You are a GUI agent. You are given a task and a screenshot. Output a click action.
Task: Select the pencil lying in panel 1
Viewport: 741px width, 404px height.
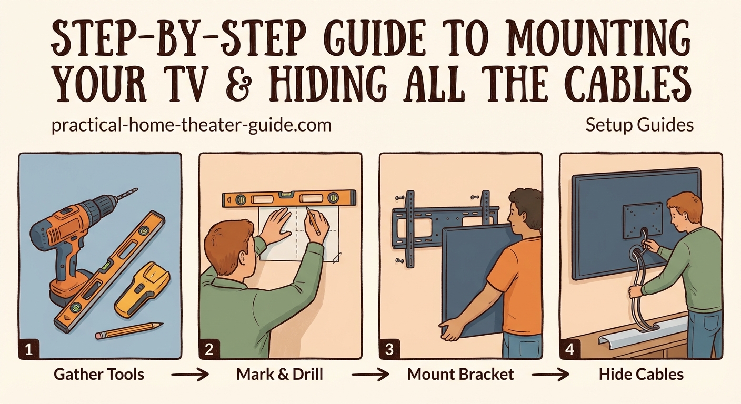[x=129, y=331]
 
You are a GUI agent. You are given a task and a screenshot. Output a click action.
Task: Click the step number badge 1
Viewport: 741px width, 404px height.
[x=29, y=349]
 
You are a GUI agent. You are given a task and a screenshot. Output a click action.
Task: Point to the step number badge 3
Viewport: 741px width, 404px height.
[x=390, y=349]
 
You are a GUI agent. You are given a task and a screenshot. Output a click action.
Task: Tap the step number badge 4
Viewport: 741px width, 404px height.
[x=570, y=349]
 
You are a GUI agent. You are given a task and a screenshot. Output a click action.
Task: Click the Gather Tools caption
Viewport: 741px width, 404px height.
[x=99, y=375]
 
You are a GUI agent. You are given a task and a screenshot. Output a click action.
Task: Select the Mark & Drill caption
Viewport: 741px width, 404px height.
[x=279, y=375]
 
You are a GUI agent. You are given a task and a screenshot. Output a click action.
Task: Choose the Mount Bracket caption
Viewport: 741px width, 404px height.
[x=460, y=375]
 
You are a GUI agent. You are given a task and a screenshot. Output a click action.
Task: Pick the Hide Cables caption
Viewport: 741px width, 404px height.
[x=641, y=375]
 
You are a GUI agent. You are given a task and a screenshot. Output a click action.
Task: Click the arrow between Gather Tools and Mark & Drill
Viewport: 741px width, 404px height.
[x=190, y=375]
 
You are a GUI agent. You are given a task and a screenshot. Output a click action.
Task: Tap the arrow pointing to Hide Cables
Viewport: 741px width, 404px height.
[x=551, y=375]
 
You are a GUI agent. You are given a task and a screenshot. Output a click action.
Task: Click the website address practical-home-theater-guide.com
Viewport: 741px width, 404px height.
[x=192, y=126]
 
